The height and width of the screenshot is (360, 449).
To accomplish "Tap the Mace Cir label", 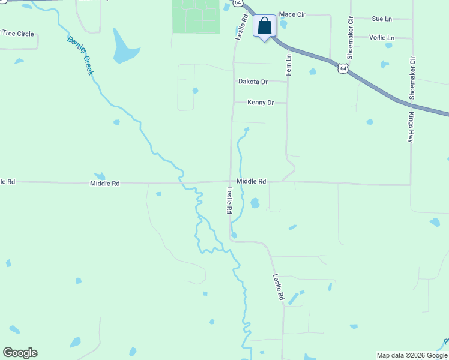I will point(292,14).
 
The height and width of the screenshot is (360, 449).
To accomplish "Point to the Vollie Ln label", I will point(382,37).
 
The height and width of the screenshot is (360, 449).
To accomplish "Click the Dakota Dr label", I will point(253,81).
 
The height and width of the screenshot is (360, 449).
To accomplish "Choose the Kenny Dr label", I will point(261,103).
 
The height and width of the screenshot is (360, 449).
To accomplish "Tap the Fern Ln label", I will point(289,64).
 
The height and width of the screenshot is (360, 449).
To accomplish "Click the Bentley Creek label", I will point(81,56).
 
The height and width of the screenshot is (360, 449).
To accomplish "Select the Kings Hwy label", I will point(411,127).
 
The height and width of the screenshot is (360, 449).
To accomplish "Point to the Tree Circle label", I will point(17,34).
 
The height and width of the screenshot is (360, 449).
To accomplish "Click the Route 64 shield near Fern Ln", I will point(342,68).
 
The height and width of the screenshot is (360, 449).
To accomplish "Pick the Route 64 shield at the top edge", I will point(238,3).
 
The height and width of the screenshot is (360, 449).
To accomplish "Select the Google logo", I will point(20,353).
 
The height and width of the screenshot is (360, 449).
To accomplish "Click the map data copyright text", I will point(412,355).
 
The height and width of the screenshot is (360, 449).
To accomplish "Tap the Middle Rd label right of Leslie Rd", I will point(251,181).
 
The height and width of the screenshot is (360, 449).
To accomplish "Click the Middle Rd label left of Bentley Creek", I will point(105,183).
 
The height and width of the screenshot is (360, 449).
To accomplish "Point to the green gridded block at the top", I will point(196,16).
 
